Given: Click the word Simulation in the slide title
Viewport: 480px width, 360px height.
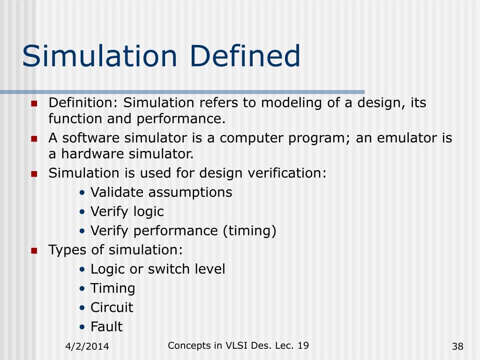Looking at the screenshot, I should click(x=99, y=56).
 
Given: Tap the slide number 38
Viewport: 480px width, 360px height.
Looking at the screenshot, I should click(x=457, y=347).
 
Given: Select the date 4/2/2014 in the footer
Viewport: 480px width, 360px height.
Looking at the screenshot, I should click(x=87, y=347).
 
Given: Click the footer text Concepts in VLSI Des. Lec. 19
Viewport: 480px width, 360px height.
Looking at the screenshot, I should click(x=238, y=345).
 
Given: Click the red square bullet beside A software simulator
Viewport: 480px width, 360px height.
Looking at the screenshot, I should click(x=34, y=139).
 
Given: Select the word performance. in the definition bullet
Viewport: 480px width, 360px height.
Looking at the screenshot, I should click(x=181, y=119).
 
